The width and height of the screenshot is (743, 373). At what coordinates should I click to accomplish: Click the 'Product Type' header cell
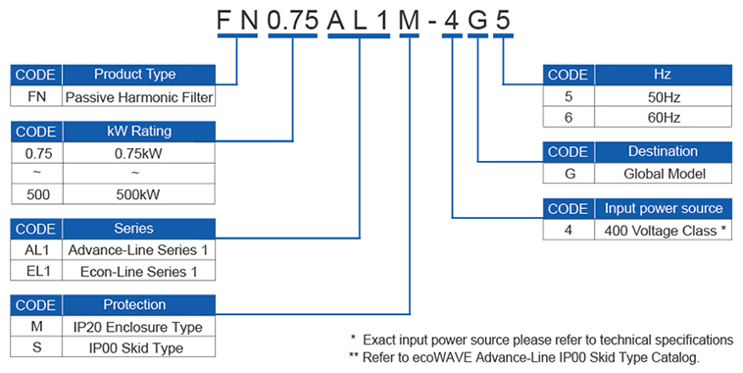(x=135, y=75)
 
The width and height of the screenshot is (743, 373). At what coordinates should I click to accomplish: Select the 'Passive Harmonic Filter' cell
(x=138, y=97)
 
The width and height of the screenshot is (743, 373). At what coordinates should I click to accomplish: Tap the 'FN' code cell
(x=36, y=97)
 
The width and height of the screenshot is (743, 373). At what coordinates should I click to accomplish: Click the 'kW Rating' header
(x=135, y=132)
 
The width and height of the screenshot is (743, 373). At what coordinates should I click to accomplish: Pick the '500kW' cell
(x=135, y=193)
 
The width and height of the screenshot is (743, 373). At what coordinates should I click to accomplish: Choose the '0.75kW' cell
(x=135, y=153)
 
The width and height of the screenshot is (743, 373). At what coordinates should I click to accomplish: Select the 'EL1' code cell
(x=36, y=271)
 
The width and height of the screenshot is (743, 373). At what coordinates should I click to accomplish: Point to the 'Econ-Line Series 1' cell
(x=135, y=271)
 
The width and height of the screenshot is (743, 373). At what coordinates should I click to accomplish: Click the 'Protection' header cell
(x=135, y=305)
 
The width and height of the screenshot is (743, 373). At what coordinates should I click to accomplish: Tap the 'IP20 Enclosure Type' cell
(x=135, y=327)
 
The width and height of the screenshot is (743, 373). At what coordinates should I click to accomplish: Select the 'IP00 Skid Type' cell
(x=135, y=347)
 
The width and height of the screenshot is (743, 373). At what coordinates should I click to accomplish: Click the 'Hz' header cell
(x=663, y=75)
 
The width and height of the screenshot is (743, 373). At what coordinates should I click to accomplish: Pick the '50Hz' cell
(x=663, y=97)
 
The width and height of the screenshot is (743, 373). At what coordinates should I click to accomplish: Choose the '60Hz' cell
(x=663, y=118)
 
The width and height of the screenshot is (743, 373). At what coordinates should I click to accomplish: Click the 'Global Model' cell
(x=663, y=174)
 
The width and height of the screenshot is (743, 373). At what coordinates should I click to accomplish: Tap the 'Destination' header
(x=663, y=152)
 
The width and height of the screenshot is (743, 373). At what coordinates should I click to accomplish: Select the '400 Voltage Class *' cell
(x=663, y=230)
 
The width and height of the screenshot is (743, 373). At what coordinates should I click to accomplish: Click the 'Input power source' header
(x=663, y=208)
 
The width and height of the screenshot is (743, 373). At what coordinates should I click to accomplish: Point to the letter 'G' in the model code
(x=477, y=18)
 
